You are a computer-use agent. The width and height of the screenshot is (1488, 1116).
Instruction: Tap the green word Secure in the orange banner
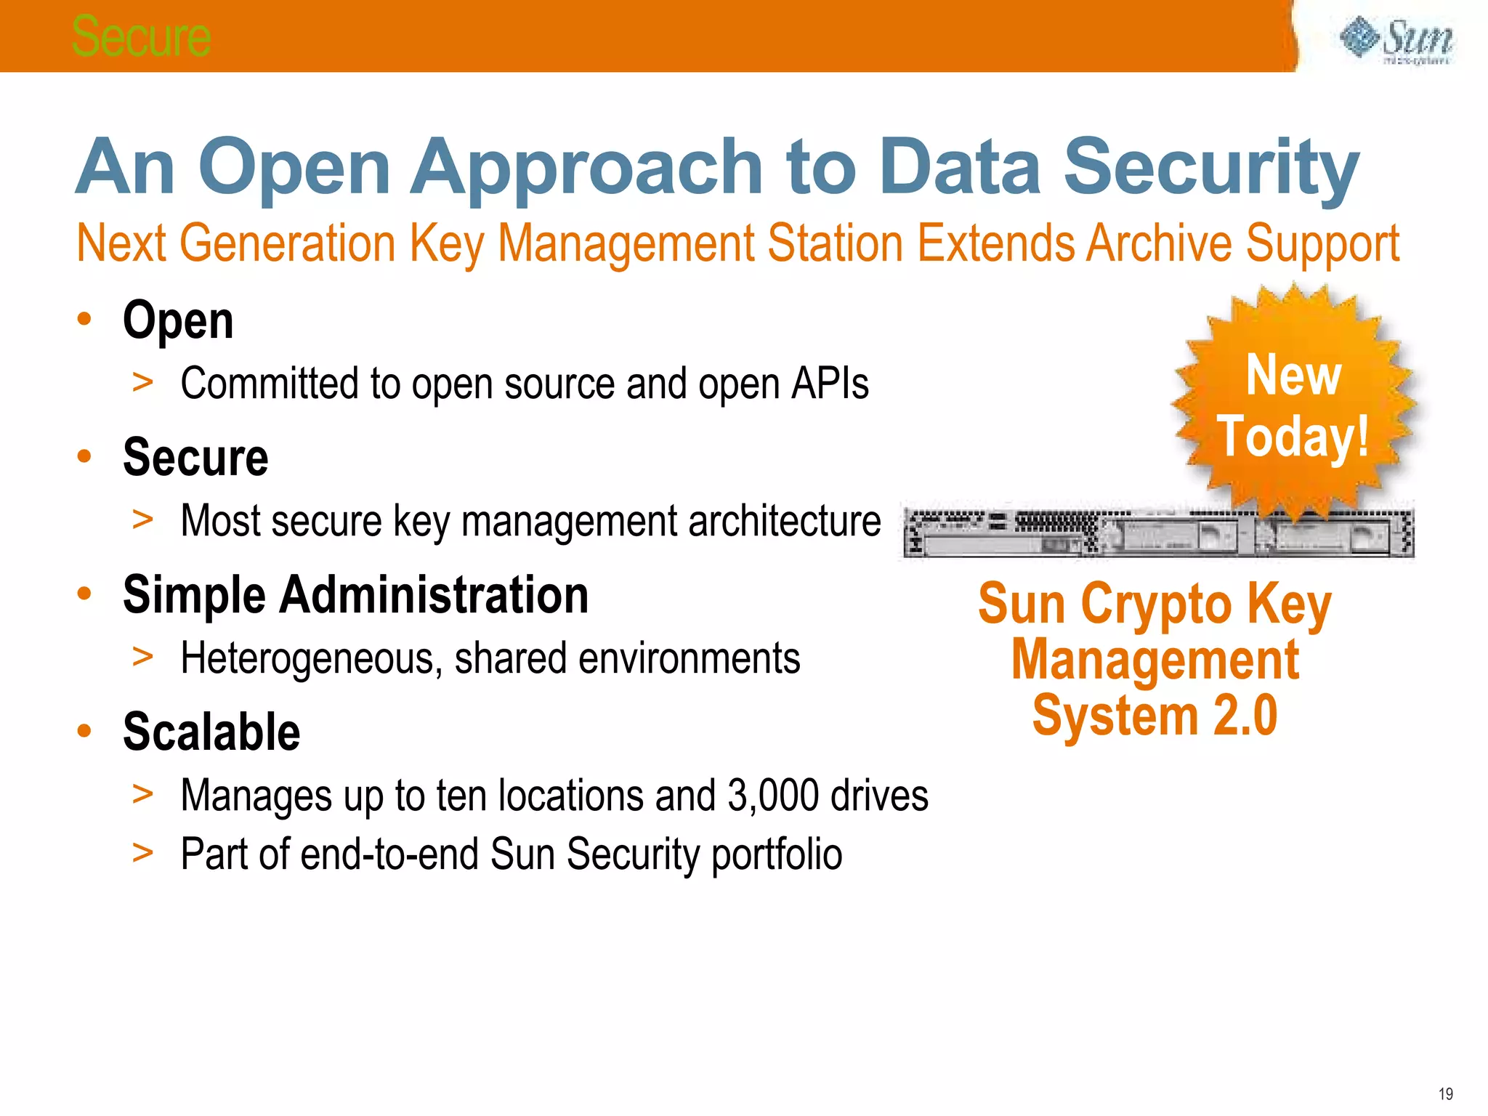tap(141, 36)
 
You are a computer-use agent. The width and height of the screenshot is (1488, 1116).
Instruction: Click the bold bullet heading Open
tap(178, 320)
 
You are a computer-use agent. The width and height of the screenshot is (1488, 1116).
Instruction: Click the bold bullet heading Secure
tap(195, 458)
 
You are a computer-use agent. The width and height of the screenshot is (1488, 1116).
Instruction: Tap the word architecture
tap(784, 521)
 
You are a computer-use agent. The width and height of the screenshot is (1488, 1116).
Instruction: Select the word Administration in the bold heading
tap(434, 595)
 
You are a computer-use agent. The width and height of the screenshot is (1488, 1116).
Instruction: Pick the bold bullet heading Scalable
tap(211, 732)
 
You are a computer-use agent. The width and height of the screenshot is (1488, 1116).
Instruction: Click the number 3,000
tap(772, 796)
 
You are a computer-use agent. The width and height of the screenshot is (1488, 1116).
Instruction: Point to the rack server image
tap(1158, 533)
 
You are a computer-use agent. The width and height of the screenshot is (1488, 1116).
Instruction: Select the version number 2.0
tap(1245, 716)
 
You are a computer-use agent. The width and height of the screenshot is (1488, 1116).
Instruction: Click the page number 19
tap(1445, 1094)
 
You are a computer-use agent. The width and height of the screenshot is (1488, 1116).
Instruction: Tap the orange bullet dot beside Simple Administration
tap(84, 594)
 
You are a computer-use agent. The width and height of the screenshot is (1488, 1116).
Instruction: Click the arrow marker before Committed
tap(142, 382)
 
